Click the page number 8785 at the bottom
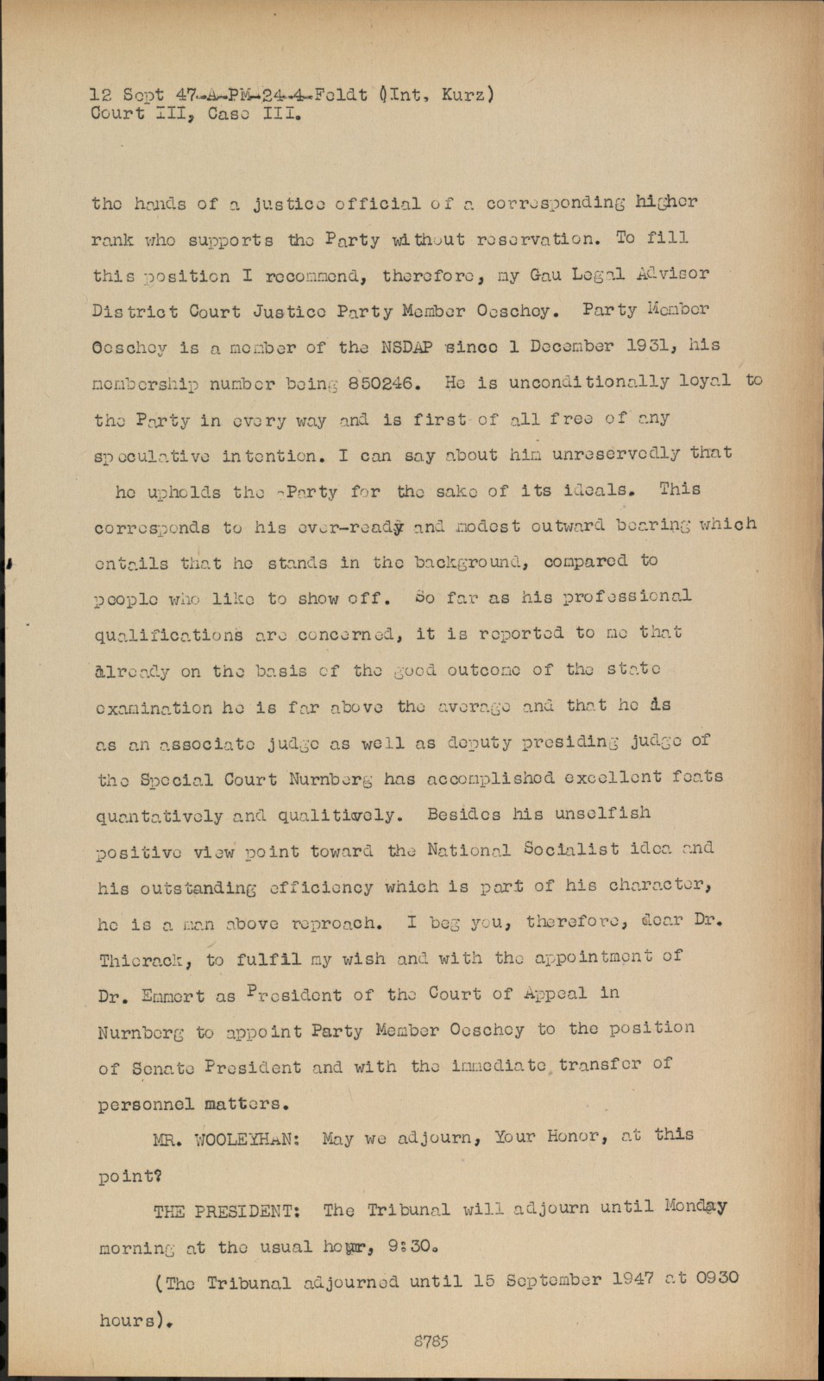tap(431, 1341)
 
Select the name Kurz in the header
tap(463, 94)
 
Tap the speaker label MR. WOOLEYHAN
tap(226, 1138)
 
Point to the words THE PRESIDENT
tap(226, 1211)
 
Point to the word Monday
tap(695, 1207)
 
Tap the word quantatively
tap(159, 816)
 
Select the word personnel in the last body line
tap(145, 1104)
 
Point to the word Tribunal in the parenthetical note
tap(248, 1283)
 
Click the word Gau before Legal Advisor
tap(545, 274)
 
